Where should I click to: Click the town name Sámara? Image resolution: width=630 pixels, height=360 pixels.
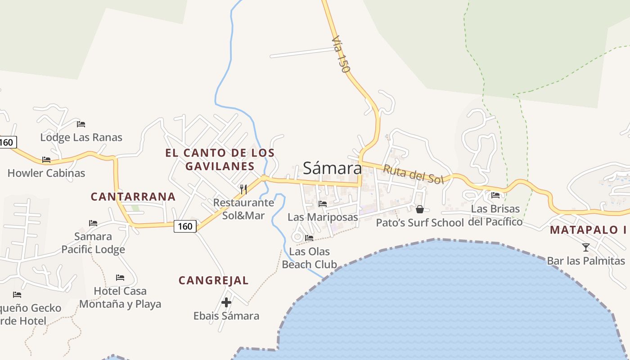332,168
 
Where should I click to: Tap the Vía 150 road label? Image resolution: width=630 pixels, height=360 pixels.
340,55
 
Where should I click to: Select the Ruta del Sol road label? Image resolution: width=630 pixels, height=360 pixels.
413,174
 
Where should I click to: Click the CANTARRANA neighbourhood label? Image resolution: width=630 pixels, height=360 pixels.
133,197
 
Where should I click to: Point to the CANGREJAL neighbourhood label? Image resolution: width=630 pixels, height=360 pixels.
213,280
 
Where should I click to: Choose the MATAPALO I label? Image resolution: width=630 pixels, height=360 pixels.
588,230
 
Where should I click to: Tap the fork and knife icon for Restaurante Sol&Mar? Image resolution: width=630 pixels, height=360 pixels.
243,189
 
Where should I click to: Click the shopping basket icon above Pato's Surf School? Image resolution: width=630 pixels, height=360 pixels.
420,209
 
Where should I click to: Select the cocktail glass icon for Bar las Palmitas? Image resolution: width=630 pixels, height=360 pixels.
585,247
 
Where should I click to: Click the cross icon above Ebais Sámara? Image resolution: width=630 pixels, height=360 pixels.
226,302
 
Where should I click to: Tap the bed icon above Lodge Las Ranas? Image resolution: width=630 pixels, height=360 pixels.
81,124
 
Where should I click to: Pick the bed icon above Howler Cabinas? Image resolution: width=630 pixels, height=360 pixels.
46,160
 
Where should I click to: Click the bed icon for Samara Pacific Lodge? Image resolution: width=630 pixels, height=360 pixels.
93,223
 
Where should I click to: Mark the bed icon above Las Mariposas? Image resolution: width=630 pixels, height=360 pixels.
323,204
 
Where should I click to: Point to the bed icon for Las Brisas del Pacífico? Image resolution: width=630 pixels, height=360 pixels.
495,195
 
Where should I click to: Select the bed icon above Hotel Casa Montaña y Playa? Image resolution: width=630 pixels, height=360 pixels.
120,278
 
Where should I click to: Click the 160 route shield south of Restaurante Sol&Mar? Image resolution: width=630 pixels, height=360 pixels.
185,226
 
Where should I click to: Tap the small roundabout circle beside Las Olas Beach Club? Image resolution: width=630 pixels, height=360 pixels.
297,237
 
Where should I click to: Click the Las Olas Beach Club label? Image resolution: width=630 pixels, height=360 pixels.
309,258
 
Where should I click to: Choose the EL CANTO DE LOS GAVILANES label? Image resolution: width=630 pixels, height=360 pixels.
220,159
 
